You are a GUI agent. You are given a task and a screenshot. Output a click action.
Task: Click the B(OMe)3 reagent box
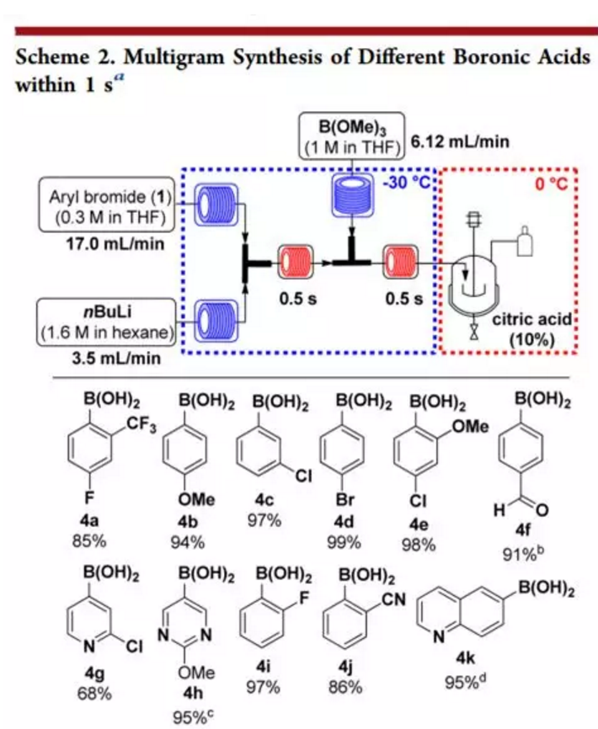[x=352, y=136]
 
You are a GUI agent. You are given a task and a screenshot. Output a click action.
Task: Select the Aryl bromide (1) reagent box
[x=108, y=205]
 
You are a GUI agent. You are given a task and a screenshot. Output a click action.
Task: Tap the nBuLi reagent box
[x=107, y=322]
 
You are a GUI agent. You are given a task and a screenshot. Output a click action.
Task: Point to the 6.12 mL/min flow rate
[x=459, y=141]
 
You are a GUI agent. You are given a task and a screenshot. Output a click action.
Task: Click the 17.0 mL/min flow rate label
[x=115, y=243]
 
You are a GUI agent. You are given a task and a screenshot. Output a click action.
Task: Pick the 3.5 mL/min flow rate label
[x=115, y=359]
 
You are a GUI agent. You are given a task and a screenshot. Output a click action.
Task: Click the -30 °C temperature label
[x=407, y=183]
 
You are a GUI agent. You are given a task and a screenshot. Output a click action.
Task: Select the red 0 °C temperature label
[x=552, y=184]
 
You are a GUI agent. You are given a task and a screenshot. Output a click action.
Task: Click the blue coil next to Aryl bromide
[x=216, y=205]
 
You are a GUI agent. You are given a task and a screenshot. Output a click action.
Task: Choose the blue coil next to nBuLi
[x=216, y=321]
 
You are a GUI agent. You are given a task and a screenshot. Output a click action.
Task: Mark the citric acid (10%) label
[x=531, y=330]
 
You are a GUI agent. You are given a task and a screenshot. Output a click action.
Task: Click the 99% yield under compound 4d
[x=344, y=542]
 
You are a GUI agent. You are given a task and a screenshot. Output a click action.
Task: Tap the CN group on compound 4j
[x=393, y=599]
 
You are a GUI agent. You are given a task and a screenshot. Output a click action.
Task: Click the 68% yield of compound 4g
[x=94, y=694]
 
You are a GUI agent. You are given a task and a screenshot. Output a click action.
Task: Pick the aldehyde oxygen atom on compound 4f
[x=542, y=511]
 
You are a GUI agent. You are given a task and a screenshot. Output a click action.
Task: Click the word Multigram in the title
[x=174, y=57]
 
